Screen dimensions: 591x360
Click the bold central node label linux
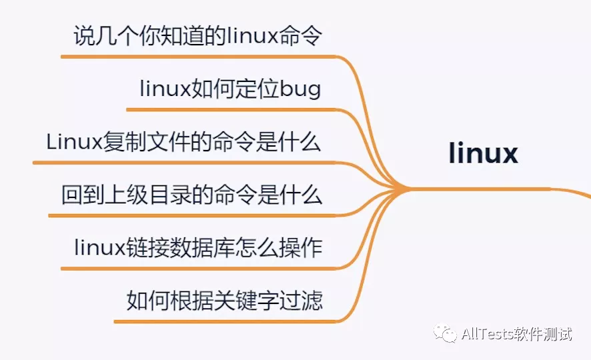coord(484,153)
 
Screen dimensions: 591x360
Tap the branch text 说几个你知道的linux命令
coord(198,35)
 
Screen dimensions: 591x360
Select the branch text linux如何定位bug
coord(230,89)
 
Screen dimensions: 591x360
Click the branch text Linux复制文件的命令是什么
coord(184,142)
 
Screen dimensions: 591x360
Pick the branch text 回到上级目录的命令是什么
coord(191,195)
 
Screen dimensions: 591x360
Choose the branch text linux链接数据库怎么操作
coord(198,248)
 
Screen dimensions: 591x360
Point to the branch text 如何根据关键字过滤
coord(225,301)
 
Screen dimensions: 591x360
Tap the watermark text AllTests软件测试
coord(516,334)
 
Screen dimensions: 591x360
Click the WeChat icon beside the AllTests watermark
coord(446,333)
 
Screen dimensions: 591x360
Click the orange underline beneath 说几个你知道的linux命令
coord(200,57)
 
